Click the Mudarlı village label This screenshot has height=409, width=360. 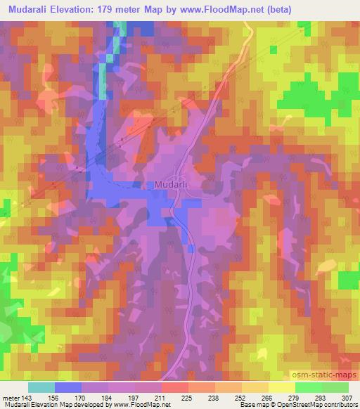pyautogui.click(x=169, y=186)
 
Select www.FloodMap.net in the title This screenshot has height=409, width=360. pyautogui.click(x=220, y=9)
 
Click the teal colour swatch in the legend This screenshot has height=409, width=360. pyautogui.click(x=41, y=387)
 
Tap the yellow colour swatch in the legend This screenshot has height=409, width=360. pyautogui.click(x=281, y=387)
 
